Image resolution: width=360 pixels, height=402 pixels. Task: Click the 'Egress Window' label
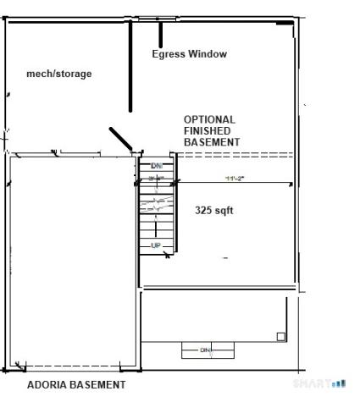tap(189, 54)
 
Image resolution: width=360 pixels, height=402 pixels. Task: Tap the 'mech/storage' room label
tap(59, 74)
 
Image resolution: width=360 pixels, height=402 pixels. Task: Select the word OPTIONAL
tap(209, 120)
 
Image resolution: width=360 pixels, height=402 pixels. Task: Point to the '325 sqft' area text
tap(213, 210)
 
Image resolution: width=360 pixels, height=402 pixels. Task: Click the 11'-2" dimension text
tap(235, 179)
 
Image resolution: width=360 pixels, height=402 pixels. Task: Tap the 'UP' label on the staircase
tap(156, 245)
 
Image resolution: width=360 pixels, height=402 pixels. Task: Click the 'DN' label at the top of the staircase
tap(156, 166)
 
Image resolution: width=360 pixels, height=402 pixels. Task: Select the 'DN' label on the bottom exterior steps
tap(204, 349)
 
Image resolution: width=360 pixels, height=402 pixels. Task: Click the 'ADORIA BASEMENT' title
tap(75, 384)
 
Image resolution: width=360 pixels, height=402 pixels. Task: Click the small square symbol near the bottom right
tap(281, 336)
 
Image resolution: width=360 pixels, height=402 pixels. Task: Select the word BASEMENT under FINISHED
tap(212, 142)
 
